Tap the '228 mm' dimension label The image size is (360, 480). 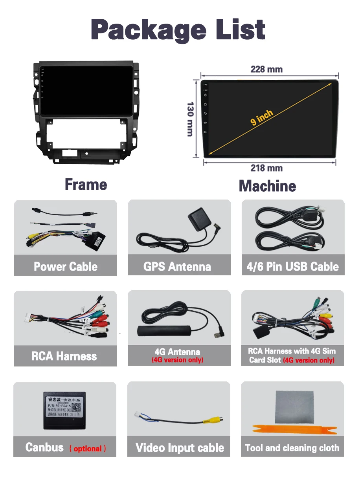(266, 70)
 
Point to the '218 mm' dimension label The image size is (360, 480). (266, 168)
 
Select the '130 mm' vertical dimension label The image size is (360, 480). (190, 119)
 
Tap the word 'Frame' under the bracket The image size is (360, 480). (86, 184)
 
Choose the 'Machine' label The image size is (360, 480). (267, 186)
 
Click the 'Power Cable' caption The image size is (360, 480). (66, 267)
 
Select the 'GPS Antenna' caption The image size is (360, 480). (177, 267)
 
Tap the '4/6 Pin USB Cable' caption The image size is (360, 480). (292, 267)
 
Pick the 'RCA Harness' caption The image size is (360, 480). (64, 356)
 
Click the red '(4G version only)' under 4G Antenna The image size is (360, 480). (177, 360)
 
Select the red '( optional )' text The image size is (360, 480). (88, 449)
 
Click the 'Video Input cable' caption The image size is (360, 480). (180, 448)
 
